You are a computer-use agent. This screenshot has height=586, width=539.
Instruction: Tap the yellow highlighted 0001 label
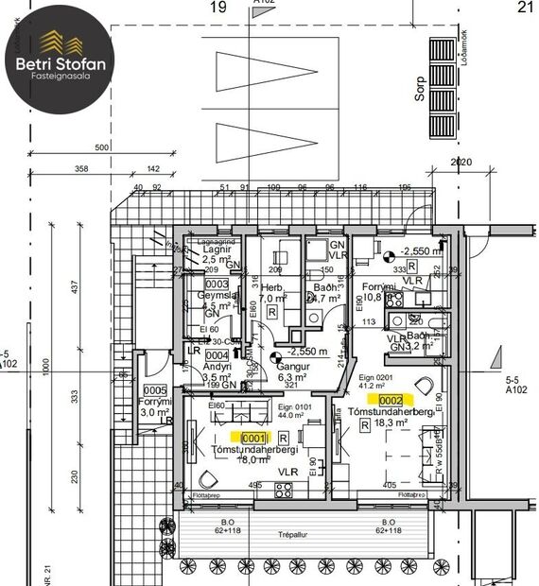[x=252, y=438]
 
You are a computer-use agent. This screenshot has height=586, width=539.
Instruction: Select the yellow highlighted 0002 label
[x=392, y=401]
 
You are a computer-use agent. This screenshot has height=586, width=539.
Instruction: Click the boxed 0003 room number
[x=217, y=284]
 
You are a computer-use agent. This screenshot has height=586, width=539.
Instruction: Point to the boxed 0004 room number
[x=217, y=355]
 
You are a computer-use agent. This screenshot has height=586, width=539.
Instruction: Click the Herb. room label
[x=273, y=287]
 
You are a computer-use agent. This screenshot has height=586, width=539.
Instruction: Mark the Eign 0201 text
[x=375, y=378]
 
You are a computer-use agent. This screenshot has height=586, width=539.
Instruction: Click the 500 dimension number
[x=102, y=149]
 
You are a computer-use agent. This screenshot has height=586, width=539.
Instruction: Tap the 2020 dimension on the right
[x=461, y=163]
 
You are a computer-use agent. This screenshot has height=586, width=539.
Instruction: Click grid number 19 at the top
[x=218, y=8]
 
